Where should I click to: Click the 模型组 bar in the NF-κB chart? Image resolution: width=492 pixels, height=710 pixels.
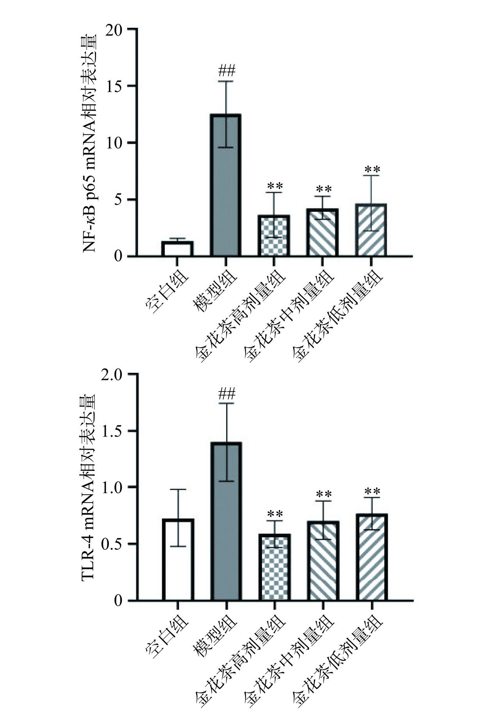[226, 185]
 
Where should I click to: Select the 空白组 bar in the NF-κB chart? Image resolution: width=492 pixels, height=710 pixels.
[177, 249]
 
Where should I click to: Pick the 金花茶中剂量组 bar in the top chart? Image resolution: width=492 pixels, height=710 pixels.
[323, 232]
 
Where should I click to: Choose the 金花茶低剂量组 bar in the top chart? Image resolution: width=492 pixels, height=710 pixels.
[371, 230]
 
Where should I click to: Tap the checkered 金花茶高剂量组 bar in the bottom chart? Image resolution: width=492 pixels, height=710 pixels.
[275, 567]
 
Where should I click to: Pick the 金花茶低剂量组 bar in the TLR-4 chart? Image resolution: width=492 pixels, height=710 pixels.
[371, 557]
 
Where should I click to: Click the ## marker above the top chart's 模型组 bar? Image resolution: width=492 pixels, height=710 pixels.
[227, 71]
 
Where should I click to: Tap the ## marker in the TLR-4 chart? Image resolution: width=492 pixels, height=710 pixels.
[227, 393]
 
